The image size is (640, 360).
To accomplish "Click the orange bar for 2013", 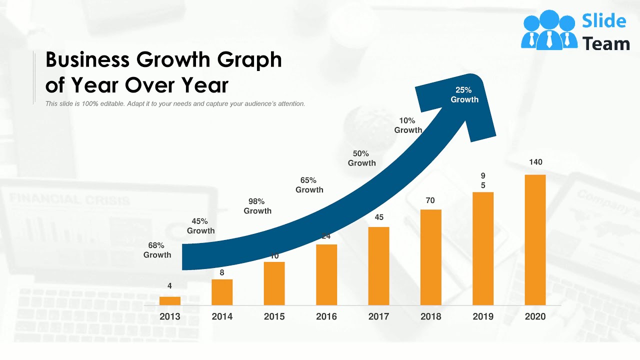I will (170, 300).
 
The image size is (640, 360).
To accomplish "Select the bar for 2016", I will (326, 275).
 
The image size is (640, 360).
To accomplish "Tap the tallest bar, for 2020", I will (535, 240).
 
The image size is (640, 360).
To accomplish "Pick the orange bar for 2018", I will (430, 257).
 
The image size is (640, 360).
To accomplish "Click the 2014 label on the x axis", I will (222, 316).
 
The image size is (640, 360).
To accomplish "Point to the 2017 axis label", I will (378, 316).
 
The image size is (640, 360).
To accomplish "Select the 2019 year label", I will (483, 316).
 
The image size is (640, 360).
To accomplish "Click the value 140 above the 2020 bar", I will (535, 162).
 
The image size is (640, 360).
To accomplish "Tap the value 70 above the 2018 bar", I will (430, 200).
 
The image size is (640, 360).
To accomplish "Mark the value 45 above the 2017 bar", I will (379, 217).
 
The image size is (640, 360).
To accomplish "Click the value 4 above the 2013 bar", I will (170, 286).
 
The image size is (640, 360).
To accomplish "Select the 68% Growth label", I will (157, 250).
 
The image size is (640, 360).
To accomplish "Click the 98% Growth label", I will (257, 206).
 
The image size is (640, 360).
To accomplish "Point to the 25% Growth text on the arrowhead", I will (464, 94).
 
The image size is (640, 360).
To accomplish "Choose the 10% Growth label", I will (408, 125).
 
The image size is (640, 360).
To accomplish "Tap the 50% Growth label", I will (361, 158).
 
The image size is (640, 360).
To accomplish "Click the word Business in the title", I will (87, 60).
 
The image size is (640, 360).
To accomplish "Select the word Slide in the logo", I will (604, 21).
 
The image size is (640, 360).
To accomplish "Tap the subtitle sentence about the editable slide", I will (175, 104).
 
